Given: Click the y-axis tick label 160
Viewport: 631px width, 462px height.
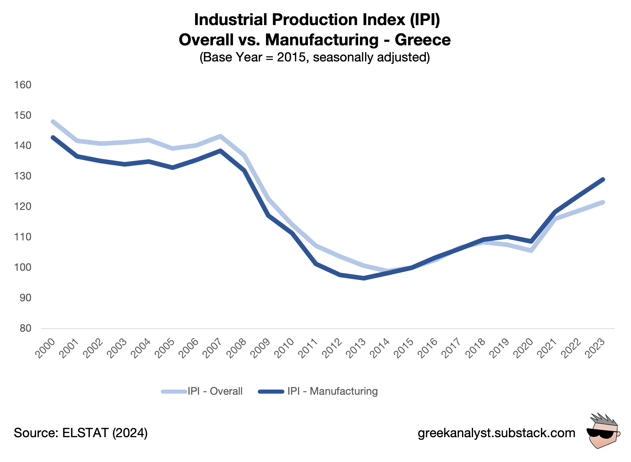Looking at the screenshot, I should [x=23, y=85].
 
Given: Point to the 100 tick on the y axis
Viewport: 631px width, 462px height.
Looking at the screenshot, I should [x=23, y=267].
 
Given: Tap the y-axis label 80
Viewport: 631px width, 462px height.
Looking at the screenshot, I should [x=25, y=328].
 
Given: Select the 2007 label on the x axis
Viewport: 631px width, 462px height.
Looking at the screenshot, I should [x=212, y=348].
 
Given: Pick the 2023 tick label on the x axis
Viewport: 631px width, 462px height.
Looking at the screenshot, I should [x=595, y=348].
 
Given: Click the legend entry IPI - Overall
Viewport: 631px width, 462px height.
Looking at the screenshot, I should [x=215, y=391].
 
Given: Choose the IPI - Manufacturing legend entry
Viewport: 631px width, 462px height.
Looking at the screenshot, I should [x=332, y=391].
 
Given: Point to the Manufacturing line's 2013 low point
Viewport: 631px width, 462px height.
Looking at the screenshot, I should [x=363, y=278].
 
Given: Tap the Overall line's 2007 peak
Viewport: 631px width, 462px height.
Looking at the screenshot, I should [x=220, y=136].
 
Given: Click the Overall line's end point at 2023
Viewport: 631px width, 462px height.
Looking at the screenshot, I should [x=603, y=202].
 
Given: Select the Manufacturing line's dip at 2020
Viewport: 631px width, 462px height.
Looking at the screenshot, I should [x=531, y=241].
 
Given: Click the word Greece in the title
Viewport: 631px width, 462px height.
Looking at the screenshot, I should [x=422, y=40].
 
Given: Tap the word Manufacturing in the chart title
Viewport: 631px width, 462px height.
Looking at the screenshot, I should [x=322, y=40].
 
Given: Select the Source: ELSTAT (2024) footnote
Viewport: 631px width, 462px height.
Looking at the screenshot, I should [x=81, y=433].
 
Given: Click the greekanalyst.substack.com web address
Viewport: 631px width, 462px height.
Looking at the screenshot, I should [x=496, y=433].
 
